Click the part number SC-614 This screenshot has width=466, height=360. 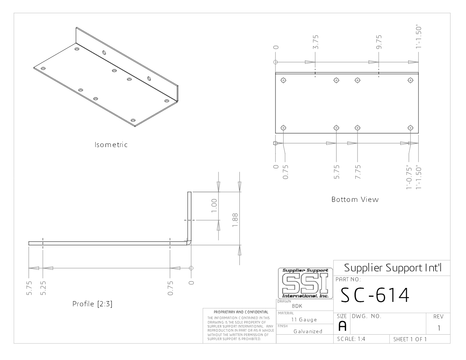coord(375,295)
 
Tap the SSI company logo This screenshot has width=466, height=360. coord(305,283)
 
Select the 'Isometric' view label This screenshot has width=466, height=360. coord(111,145)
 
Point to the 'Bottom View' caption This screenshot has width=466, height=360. coord(355,199)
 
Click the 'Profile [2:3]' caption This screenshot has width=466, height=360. coord(92,304)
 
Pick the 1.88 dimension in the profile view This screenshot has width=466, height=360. coord(235,220)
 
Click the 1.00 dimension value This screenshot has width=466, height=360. coord(214,206)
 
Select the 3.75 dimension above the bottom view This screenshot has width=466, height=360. coord(316,42)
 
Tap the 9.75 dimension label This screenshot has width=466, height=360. coord(379,42)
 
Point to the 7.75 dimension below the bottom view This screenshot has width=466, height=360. coord(358,172)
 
